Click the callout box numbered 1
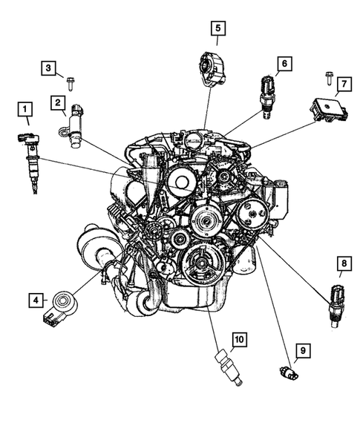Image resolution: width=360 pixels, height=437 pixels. [24, 112]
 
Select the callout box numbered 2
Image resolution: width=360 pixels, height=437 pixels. [57, 103]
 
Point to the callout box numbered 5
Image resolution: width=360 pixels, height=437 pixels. [217, 29]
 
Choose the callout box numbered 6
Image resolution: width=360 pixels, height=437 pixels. [282, 65]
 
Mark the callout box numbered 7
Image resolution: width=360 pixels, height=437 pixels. [342, 86]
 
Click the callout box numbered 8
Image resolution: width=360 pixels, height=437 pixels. [342, 263]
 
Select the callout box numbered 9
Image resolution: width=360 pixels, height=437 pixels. [302, 349]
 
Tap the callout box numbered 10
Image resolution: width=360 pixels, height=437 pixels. [239, 341]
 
